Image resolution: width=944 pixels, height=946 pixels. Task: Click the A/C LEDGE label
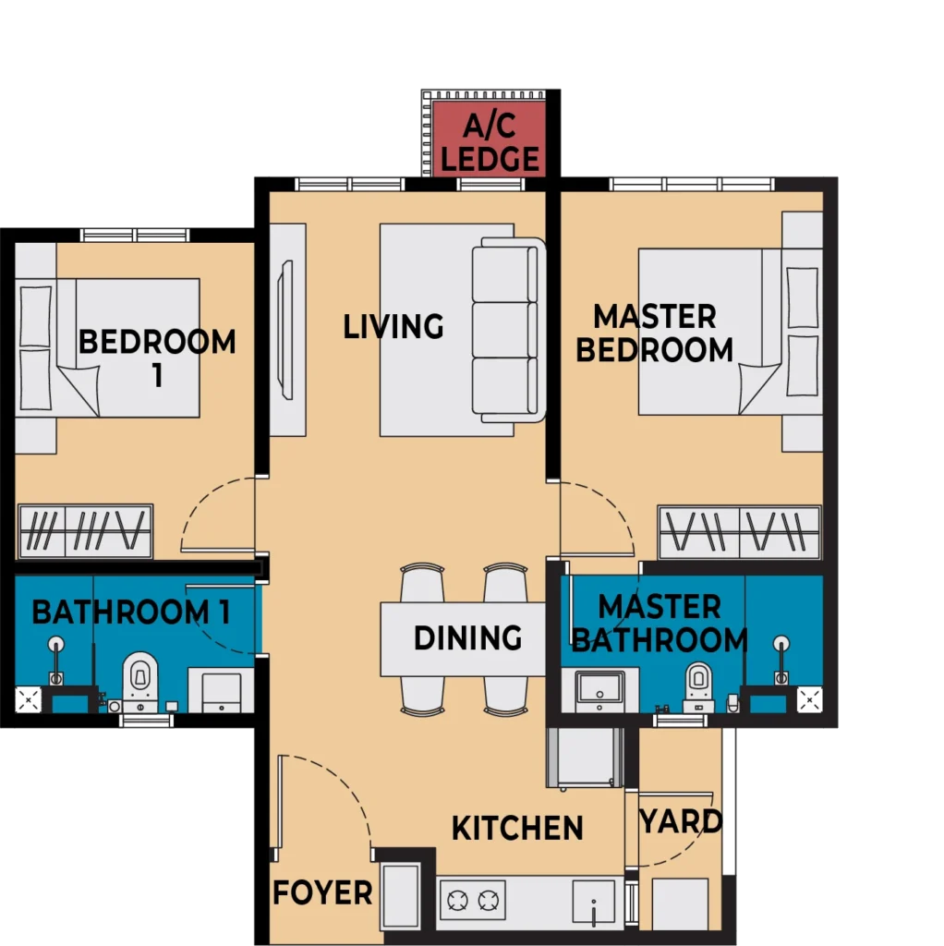click(x=490, y=143)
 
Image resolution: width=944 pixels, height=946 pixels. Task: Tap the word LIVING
click(x=393, y=326)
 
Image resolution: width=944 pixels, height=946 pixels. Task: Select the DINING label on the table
click(x=467, y=637)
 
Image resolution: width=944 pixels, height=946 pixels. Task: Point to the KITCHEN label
click(x=517, y=828)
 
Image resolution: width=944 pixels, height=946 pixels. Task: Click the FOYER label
click(x=322, y=892)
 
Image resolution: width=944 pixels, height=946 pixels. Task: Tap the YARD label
click(x=681, y=821)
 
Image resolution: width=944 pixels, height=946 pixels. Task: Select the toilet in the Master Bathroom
click(x=698, y=687)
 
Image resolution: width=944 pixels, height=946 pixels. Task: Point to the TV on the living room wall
click(x=285, y=330)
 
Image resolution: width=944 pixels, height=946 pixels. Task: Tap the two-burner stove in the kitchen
click(x=473, y=900)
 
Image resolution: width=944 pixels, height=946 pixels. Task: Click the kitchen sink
click(x=594, y=902)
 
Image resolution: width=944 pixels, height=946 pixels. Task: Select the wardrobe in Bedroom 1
click(x=86, y=531)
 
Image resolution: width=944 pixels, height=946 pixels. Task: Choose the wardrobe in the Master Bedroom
click(x=740, y=532)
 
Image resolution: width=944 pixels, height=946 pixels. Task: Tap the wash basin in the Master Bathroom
click(x=599, y=690)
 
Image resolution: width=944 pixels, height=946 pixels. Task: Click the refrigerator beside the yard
click(x=585, y=758)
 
